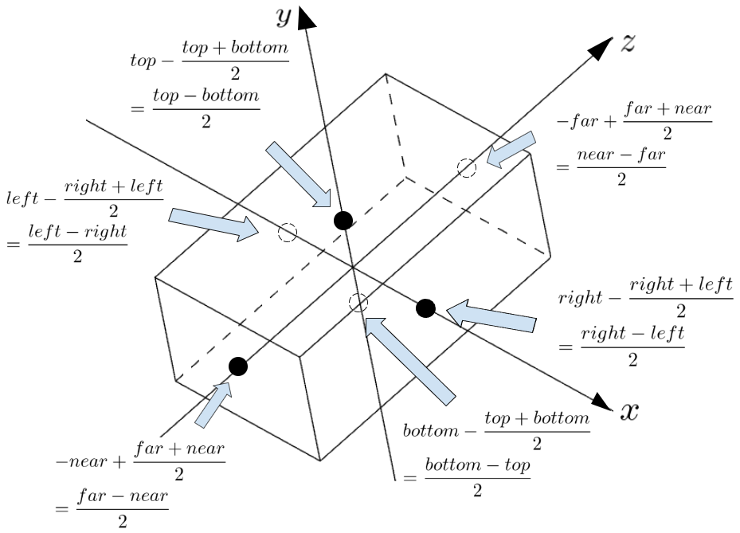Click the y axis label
(x=283, y=18)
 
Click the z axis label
(x=628, y=43)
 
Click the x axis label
(x=629, y=411)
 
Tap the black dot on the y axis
(x=343, y=221)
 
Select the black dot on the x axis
(x=425, y=308)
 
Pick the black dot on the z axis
(x=238, y=366)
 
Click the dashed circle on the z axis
(x=467, y=168)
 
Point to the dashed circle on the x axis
(x=287, y=233)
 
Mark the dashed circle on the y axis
(x=358, y=302)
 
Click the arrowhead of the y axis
(x=307, y=18)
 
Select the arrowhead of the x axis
(x=602, y=402)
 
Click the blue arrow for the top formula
(x=298, y=174)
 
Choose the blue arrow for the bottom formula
(x=410, y=361)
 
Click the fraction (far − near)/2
(x=123, y=508)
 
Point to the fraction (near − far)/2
(x=621, y=167)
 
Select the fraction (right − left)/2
(x=632, y=347)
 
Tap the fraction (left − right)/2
(x=78, y=244)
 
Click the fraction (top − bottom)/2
(x=206, y=108)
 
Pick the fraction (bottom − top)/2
(x=478, y=477)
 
